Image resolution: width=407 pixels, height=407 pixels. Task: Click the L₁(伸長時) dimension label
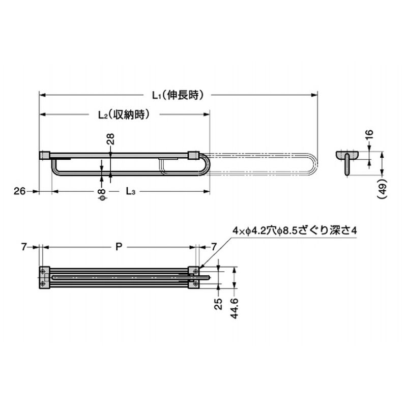pyautogui.click(x=178, y=95)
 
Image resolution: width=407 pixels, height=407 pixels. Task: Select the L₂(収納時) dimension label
pyautogui.click(x=124, y=114)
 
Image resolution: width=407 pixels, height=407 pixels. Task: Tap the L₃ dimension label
pyautogui.click(x=131, y=192)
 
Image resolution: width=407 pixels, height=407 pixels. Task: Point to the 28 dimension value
pyautogui.click(x=110, y=139)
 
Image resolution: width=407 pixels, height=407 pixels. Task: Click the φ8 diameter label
pyautogui.click(x=102, y=195)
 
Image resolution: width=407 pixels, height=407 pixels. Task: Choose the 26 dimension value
pyautogui.click(x=20, y=191)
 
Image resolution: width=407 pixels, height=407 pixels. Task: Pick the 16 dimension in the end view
pyautogui.click(x=369, y=134)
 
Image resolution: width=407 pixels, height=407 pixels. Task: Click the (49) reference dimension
pyautogui.click(x=382, y=188)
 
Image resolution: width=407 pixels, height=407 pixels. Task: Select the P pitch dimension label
pyautogui.click(x=119, y=247)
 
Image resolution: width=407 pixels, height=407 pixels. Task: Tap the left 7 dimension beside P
pyautogui.click(x=24, y=247)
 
